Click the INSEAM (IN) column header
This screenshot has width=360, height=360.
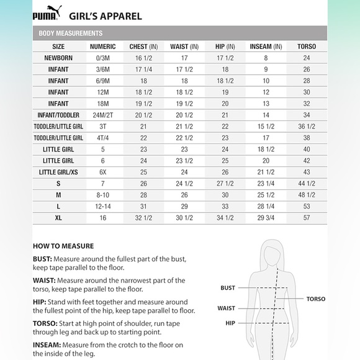(266, 47)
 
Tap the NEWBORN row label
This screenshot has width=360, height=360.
(58, 58)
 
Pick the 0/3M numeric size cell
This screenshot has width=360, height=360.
(102, 58)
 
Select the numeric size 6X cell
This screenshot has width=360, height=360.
(102, 172)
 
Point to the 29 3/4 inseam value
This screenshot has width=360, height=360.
(266, 218)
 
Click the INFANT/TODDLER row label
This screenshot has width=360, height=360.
(58, 115)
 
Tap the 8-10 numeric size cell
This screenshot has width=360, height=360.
(102, 195)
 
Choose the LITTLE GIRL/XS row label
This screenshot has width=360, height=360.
(58, 172)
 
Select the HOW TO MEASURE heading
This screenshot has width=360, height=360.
(63, 246)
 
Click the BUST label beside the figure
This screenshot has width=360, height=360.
(228, 288)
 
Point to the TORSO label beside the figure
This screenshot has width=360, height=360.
(316, 299)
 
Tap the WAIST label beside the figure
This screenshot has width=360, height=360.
(227, 308)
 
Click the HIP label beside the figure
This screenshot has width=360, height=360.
(230, 323)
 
